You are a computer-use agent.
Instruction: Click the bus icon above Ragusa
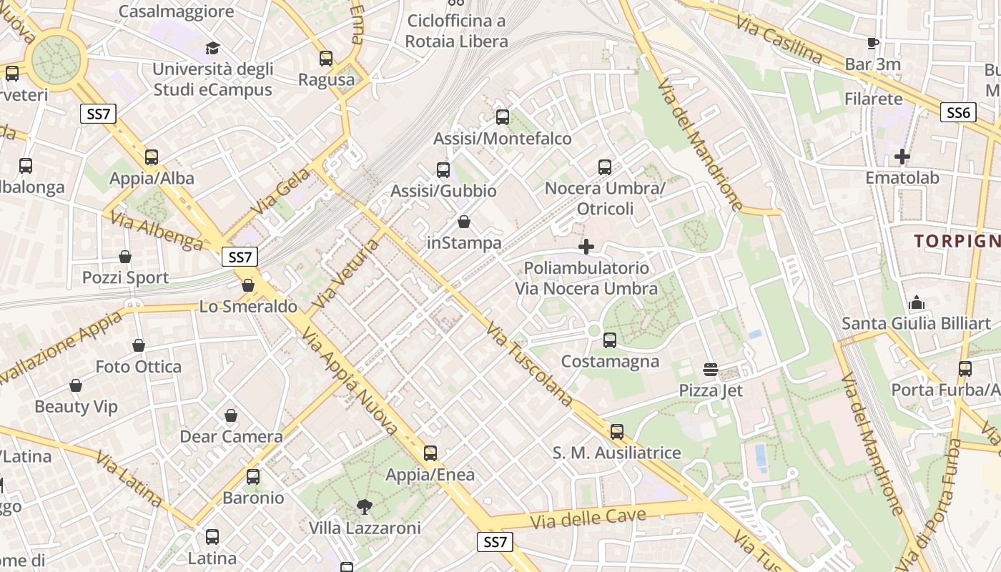pos(326,59)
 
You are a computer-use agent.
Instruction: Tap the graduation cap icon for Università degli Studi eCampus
pos(212,49)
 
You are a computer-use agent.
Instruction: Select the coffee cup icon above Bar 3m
pos(872,44)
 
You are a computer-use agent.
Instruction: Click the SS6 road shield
pos(958,112)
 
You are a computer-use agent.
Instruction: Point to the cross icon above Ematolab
pos(902,156)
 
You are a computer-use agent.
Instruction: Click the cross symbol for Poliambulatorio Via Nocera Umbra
pos(586,247)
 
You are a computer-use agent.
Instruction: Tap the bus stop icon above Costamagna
pos(610,340)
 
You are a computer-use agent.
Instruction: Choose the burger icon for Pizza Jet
pos(711,370)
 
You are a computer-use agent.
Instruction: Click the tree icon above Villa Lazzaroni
pos(365,507)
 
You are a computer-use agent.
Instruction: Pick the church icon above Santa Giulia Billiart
pos(917,303)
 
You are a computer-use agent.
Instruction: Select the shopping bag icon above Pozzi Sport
pos(125,257)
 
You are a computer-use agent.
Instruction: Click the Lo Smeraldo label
pos(248,307)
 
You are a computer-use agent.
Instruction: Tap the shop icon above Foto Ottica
pos(139,346)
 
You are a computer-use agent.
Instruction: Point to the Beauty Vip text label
pos(76,407)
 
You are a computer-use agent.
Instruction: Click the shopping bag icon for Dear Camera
pos(231,415)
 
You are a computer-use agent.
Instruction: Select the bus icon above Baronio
pos(253,477)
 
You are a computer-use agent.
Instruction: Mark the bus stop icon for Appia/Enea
pos(430,453)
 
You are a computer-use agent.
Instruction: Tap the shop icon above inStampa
pos(464,222)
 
